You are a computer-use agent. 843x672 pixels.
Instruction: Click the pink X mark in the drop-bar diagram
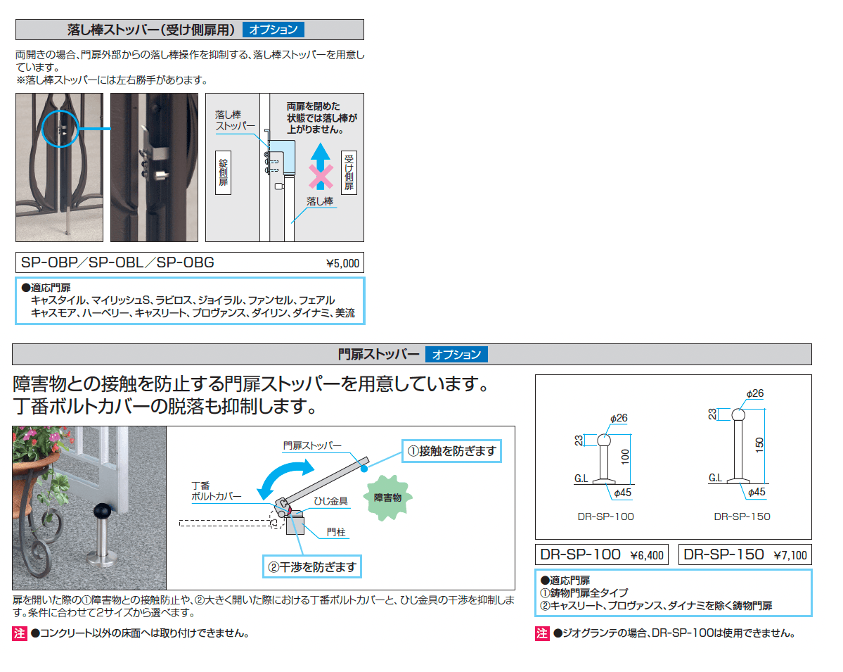tap(321, 177)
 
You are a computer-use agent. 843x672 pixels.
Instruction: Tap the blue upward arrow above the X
tap(321, 155)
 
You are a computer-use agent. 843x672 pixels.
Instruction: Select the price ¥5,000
tap(342, 265)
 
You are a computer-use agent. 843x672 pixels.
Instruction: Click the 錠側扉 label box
tap(224, 171)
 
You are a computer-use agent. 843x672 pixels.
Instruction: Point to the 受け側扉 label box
tap(349, 172)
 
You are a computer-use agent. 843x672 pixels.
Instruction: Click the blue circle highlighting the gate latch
tap(60, 128)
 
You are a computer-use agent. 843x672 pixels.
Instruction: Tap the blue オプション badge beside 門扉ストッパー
tap(456, 355)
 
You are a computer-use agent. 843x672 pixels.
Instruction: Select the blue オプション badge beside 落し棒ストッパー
tap(274, 30)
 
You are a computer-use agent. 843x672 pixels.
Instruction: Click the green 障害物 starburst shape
tap(387, 497)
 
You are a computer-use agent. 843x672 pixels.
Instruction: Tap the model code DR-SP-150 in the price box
tap(724, 554)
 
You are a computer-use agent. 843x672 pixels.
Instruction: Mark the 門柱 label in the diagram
tap(336, 533)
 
